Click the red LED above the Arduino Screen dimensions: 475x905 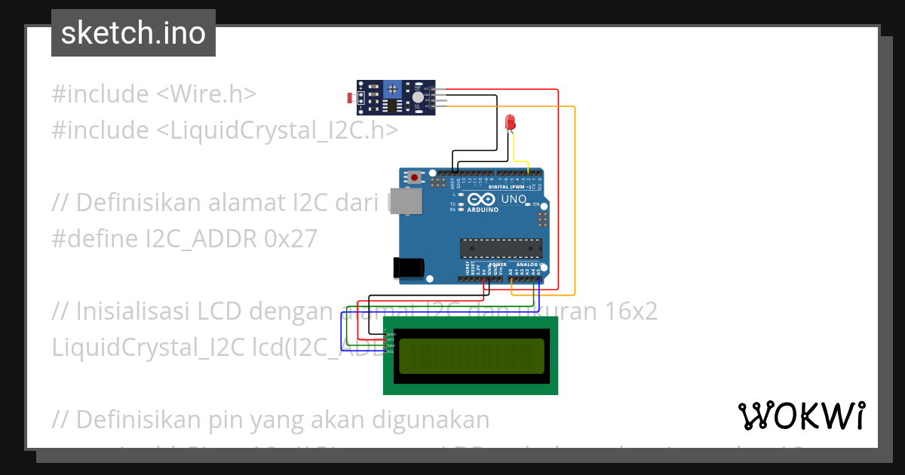(x=511, y=121)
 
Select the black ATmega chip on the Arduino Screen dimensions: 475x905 (x=502, y=248)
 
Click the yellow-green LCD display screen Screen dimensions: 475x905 (x=471, y=356)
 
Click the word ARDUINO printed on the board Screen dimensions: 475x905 (x=483, y=210)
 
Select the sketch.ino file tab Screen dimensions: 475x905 (x=133, y=33)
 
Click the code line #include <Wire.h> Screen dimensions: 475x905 (x=155, y=94)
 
